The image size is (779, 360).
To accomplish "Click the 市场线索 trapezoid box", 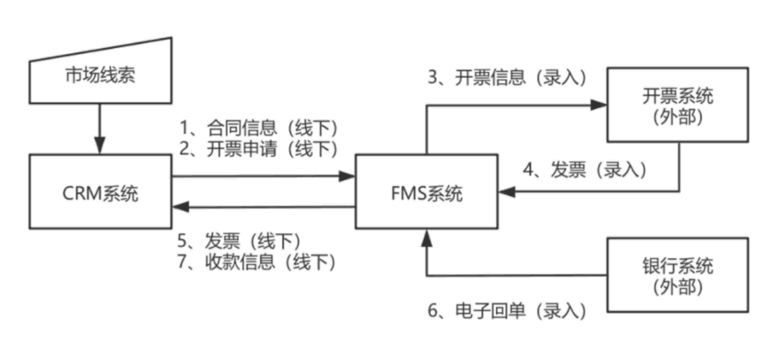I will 100,76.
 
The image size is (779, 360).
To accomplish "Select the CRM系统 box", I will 100,212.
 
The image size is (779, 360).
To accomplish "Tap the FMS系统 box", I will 426,212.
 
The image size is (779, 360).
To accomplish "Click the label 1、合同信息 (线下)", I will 258,128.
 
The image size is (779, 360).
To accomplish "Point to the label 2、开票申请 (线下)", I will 258,149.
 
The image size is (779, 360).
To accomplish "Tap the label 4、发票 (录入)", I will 585,169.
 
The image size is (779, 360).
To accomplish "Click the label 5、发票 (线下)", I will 239,241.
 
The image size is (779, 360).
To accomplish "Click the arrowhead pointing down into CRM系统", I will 100,145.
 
